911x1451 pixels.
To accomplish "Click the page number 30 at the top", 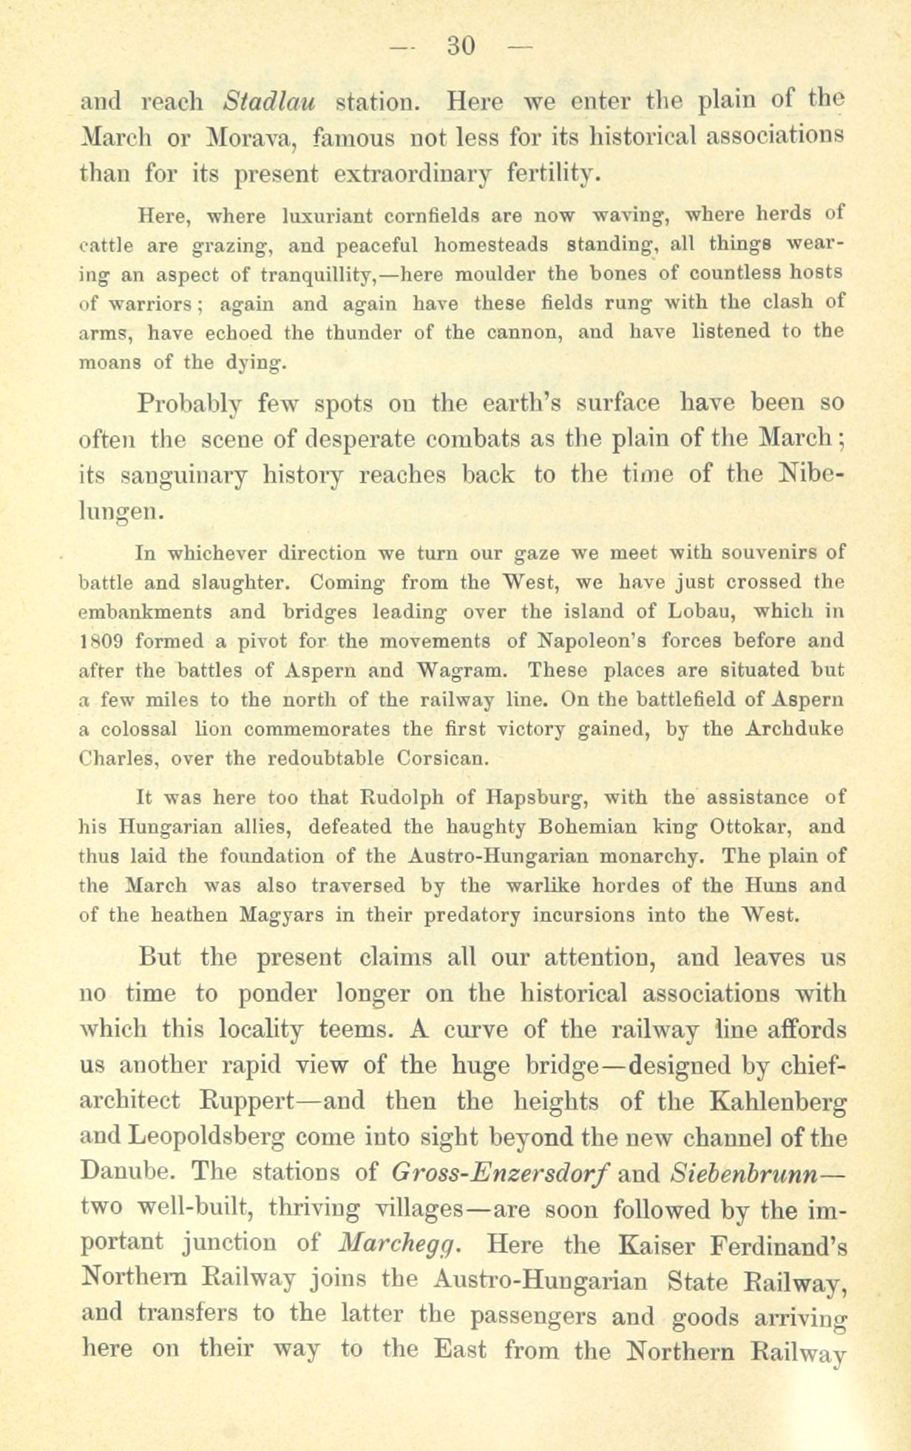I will click(x=460, y=46).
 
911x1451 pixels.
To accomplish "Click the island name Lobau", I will click(x=700, y=612).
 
